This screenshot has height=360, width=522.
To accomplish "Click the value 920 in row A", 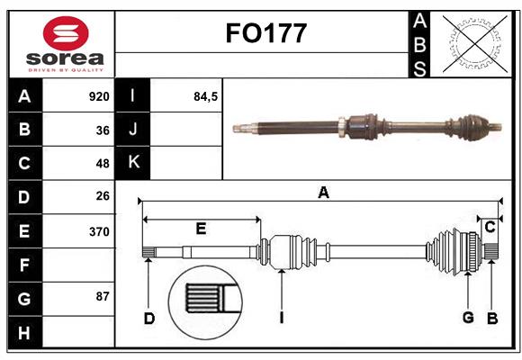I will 99,96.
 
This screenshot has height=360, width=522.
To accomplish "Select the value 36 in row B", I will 103,130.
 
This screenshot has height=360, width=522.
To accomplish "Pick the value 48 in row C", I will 103,164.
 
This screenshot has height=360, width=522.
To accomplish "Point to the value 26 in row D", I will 103,196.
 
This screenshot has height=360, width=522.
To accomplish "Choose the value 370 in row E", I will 99,231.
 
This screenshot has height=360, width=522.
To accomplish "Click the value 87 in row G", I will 103,296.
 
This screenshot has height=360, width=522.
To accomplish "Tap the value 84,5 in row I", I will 206,96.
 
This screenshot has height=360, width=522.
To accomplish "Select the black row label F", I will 25,265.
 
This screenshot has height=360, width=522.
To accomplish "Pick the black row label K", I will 134,162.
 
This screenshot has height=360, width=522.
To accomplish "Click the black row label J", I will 134,130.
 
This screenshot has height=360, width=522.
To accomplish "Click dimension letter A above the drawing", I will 323,191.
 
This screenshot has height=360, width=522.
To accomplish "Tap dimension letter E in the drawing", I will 201,229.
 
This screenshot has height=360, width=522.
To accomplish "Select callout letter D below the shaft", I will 149,317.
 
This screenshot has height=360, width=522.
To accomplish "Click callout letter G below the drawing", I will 468,317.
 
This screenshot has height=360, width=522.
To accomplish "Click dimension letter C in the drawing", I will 490,227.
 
